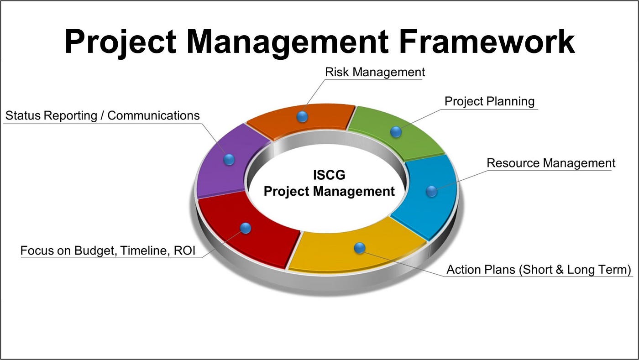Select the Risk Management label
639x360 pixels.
coord(375,72)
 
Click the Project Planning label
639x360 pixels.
coord(489,101)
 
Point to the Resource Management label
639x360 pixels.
coord(551,163)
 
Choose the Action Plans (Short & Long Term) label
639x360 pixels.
coord(539,270)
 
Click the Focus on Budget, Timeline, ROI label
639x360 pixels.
coord(108,251)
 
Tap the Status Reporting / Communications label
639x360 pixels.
coord(102,115)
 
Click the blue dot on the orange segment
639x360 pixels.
coord(302,117)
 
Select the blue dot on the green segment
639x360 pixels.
coord(396,132)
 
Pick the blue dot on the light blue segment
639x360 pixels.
coord(431,191)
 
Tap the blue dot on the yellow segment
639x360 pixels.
coord(360,248)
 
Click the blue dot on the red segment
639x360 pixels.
coord(246,228)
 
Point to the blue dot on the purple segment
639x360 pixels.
coord(229,159)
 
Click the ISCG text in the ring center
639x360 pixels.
coord(329,175)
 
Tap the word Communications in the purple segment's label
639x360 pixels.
coord(153,115)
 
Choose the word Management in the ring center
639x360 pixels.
coord(354,191)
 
